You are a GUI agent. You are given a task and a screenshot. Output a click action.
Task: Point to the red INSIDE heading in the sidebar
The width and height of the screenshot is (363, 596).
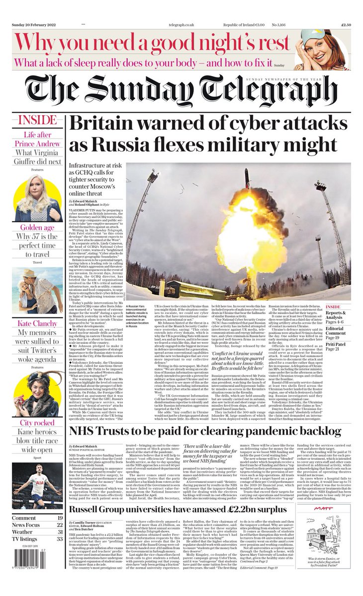click(37, 120)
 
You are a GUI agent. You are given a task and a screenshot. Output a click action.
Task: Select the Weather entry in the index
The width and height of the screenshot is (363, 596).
click(25, 531)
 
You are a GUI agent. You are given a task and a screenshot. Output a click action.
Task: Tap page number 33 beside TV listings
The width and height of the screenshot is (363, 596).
click(59, 539)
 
